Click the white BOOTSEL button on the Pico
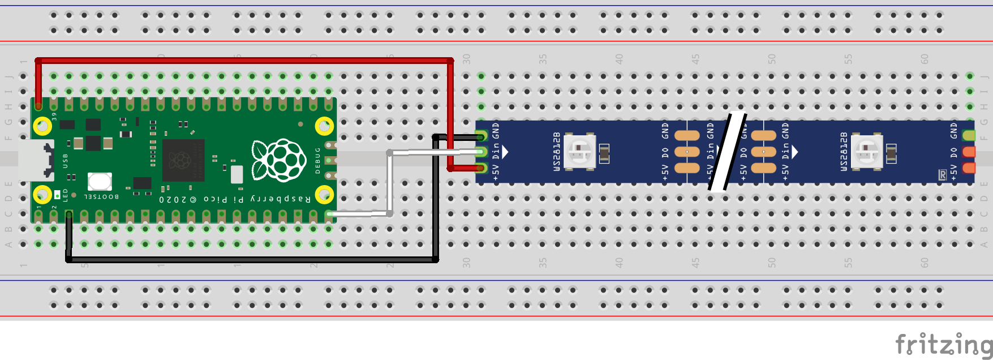coord(100,182)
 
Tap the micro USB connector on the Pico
coord(35,160)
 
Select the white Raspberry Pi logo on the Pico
coord(278,160)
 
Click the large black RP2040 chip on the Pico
coord(183,160)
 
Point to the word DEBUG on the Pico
coord(317,160)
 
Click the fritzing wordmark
coord(943,344)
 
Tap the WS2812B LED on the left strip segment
coord(580,152)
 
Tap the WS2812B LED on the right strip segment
coord(867,152)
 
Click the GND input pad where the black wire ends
coord(482,136)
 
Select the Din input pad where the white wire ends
coord(482,152)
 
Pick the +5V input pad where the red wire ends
coord(482,168)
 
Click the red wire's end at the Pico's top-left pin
coord(38,105)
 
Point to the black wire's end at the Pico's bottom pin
coord(69,215)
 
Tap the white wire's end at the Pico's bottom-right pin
coord(329,214)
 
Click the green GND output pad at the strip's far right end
coord(969,136)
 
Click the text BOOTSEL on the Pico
coord(101,197)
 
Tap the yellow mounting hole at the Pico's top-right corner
coord(324,126)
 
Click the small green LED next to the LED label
coord(57,195)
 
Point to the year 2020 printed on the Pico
coord(172,199)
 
